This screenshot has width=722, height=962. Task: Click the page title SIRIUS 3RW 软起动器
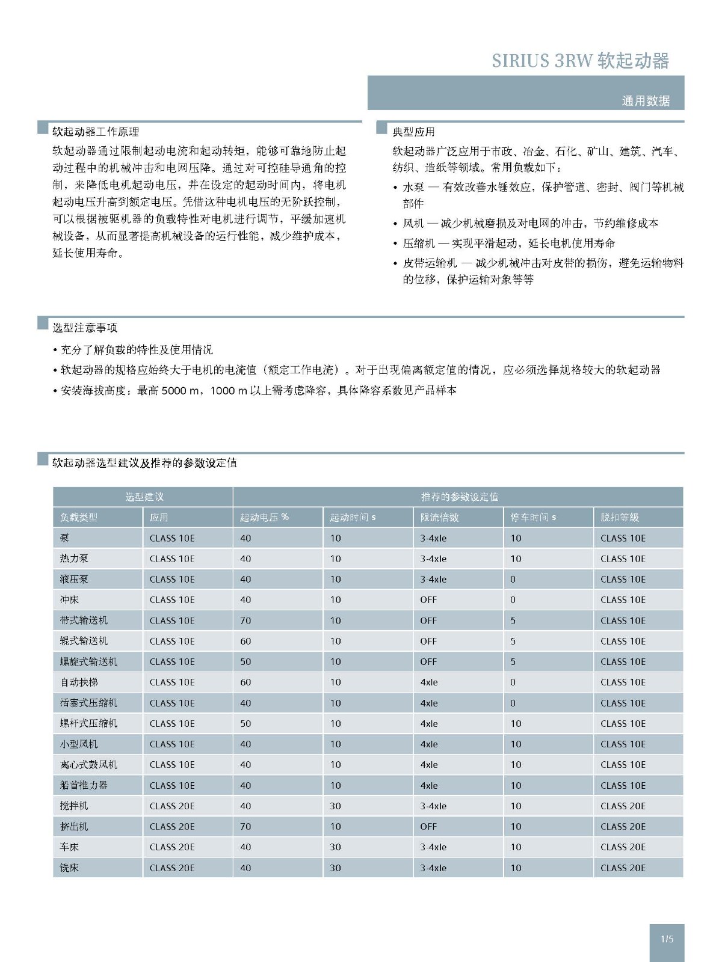[x=580, y=61]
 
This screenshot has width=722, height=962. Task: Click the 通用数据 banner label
[x=645, y=100]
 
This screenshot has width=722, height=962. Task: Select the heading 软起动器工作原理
[x=96, y=132]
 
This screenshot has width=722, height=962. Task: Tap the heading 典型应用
[x=413, y=132]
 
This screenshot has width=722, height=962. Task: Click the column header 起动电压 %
[x=264, y=517]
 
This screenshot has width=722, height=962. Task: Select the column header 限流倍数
[x=439, y=517]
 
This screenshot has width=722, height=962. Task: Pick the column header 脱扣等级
[x=620, y=517]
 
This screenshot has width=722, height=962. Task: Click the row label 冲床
[x=69, y=599]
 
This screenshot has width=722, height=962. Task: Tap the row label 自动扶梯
[x=79, y=682]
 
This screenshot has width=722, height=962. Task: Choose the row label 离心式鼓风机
[x=88, y=764]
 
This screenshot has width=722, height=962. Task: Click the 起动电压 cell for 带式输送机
[x=245, y=620]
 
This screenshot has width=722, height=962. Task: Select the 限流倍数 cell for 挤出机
[x=428, y=826]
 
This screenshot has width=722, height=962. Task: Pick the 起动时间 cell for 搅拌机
[x=335, y=806]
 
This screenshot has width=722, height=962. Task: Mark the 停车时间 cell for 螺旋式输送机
[x=513, y=661]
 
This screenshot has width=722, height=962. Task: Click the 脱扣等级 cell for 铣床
[x=623, y=868]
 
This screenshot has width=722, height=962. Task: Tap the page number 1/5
[x=667, y=939]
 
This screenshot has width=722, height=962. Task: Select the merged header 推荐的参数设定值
[x=459, y=497]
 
